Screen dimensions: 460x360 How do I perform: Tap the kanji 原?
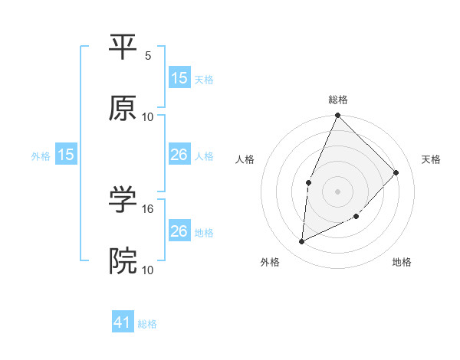click(x=123, y=108)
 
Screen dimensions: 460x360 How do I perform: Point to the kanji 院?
click(x=123, y=260)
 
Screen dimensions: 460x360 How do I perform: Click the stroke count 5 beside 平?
click(x=148, y=55)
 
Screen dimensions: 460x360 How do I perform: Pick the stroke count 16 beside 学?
click(x=148, y=208)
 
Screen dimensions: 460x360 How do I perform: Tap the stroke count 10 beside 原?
click(x=148, y=117)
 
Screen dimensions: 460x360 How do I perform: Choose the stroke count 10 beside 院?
click(x=148, y=270)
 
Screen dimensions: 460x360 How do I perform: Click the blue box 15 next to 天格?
click(x=179, y=77)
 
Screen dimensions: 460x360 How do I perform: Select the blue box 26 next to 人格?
click(x=179, y=155)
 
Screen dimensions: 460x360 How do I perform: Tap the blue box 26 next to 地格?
click(x=179, y=231)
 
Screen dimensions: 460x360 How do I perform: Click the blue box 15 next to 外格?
click(x=66, y=155)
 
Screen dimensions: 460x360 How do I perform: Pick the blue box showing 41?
click(x=123, y=322)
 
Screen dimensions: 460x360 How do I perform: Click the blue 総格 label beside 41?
click(x=147, y=324)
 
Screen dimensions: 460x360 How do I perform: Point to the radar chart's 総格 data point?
click(x=337, y=116)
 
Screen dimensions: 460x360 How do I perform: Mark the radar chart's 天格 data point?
click(x=396, y=172)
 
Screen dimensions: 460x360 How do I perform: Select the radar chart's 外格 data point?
click(x=302, y=242)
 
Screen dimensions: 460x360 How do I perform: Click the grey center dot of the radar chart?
click(x=337, y=191)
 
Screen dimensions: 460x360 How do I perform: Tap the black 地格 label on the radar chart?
click(x=402, y=263)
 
